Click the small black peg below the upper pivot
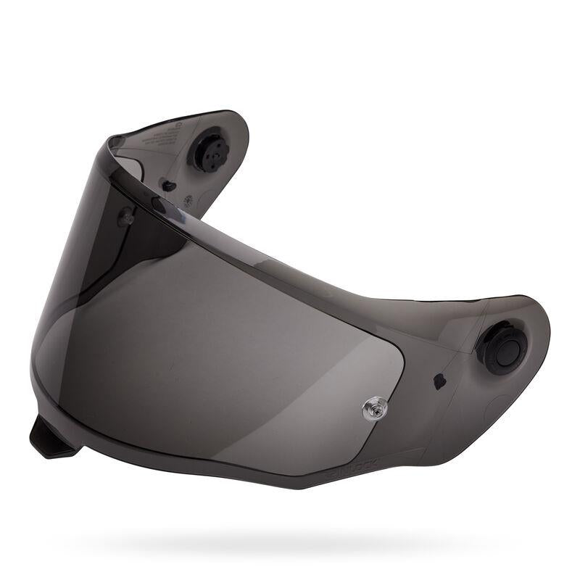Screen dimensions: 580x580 168,186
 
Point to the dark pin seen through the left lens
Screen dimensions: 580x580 128,215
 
